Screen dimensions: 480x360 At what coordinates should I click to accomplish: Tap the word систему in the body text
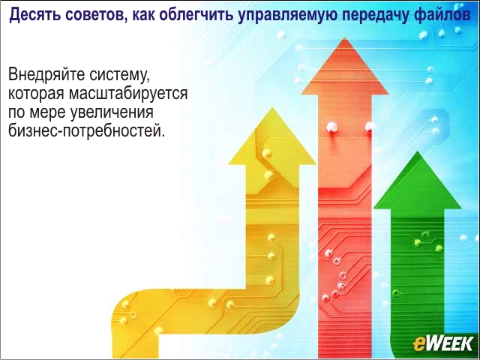pyautogui.click(x=120, y=76)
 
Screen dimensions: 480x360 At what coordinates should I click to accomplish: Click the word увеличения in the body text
pyautogui.click(x=112, y=113)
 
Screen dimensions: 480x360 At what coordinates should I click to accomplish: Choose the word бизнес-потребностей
pyautogui.click(x=87, y=130)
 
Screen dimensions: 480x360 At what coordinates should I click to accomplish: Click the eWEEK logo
pyautogui.click(x=443, y=343)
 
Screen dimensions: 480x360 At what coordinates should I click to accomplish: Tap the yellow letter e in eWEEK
pyautogui.click(x=418, y=345)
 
